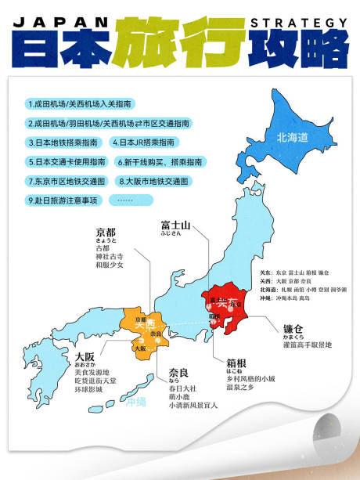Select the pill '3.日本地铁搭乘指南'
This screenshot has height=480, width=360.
click(x=63, y=143)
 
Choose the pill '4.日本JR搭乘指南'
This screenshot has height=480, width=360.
click(x=145, y=143)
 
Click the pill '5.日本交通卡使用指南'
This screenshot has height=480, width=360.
click(x=67, y=162)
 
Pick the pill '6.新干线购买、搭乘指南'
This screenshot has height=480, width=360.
click(x=160, y=162)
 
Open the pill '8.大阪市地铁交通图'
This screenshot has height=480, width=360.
click(x=154, y=181)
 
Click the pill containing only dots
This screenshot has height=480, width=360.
click(x=125, y=200)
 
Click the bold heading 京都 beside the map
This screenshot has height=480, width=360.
click(x=106, y=233)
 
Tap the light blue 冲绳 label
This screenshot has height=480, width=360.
click(x=135, y=402)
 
